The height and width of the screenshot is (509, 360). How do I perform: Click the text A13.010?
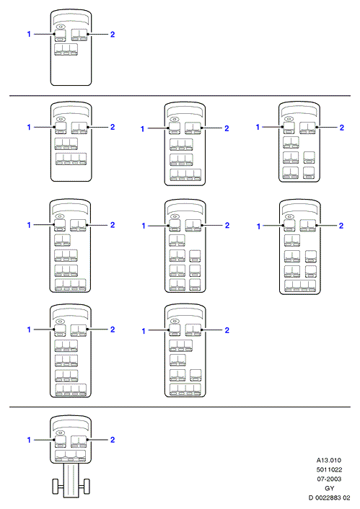pyautogui.click(x=329, y=460)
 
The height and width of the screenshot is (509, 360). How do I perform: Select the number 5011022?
pyautogui.click(x=329, y=469)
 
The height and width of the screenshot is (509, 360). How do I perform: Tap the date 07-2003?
pyautogui.click(x=329, y=479)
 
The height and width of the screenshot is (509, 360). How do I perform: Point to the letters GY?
pyautogui.click(x=330, y=488)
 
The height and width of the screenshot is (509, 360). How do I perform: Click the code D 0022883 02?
pyautogui.click(x=329, y=497)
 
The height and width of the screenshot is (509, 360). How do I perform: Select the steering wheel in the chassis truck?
pyautogui.click(x=60, y=433)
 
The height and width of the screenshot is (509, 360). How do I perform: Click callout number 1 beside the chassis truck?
pyautogui.click(x=29, y=440)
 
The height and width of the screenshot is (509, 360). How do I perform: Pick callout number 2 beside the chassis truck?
pyautogui.click(x=113, y=440)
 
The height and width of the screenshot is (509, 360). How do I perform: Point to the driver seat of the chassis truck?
pyautogui.click(x=60, y=441)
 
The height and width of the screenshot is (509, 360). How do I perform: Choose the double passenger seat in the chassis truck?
pyautogui.click(x=79, y=441)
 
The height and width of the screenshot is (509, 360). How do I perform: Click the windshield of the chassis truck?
pyautogui.click(x=71, y=425)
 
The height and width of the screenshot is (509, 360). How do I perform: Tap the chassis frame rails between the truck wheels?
pyautogui.click(x=71, y=480)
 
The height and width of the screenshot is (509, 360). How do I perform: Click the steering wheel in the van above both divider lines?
pyautogui.click(x=61, y=27)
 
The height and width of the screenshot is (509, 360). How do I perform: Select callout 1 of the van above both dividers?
pyautogui.click(x=29, y=34)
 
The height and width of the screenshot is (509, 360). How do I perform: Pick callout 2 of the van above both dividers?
pyautogui.click(x=113, y=34)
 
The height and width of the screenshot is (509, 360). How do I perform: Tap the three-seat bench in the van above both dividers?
pyautogui.click(x=66, y=50)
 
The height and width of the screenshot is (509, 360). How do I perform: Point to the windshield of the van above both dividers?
pyautogui.click(x=71, y=19)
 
